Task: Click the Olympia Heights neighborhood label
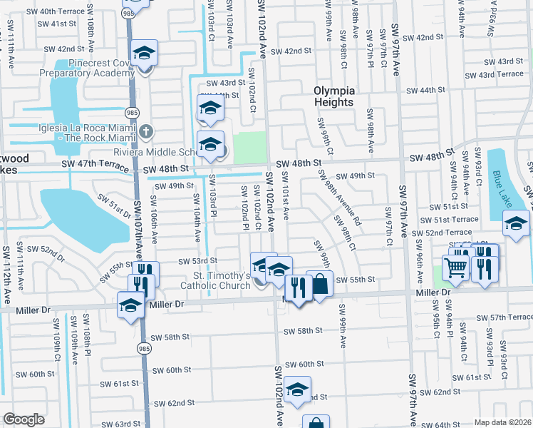[333, 96]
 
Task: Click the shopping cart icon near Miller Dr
[456, 268]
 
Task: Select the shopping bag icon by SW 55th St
[320, 284]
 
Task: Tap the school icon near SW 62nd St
[297, 389]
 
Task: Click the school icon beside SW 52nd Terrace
[516, 223]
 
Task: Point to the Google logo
[24, 419]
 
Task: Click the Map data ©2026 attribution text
[502, 422]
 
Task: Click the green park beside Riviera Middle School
[249, 146]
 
